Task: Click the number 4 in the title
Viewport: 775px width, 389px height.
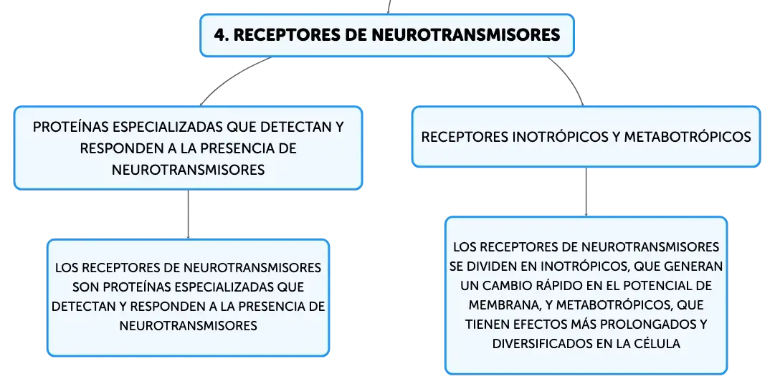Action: coord(221,35)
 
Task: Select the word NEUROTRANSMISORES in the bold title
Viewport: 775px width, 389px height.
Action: coord(465,35)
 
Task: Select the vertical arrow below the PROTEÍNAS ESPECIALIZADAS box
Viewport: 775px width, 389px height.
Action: coord(189,214)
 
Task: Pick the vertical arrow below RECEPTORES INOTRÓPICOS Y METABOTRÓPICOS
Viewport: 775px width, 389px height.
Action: coord(586,192)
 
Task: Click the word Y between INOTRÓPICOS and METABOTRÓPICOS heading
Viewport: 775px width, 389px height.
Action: coord(615,137)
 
